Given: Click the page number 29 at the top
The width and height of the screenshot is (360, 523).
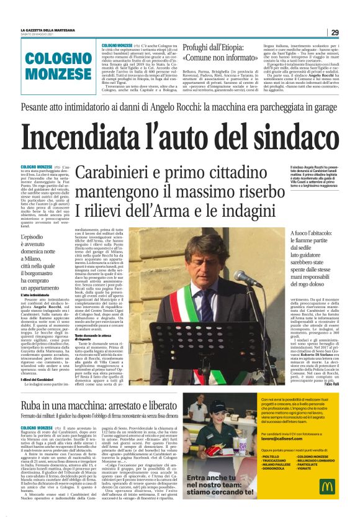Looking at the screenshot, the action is [x=335, y=32].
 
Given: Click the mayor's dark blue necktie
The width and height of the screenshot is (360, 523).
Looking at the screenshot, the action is [x=207, y=306].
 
